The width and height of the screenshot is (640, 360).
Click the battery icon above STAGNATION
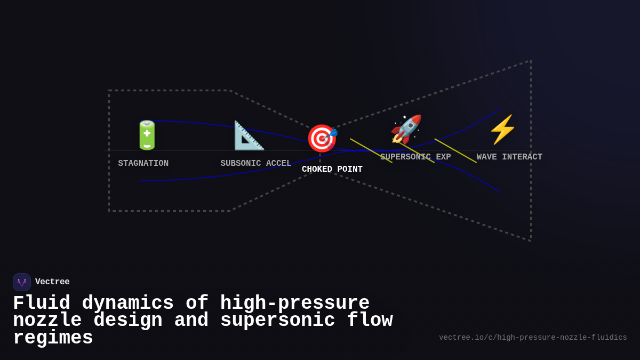click(x=147, y=135)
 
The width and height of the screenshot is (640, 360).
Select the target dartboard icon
click(x=322, y=138)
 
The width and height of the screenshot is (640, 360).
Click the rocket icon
click(x=406, y=129)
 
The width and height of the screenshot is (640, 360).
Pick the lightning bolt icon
click(x=502, y=130)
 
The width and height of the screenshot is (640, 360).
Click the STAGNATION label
click(x=143, y=164)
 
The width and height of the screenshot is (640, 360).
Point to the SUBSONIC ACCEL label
click(x=256, y=164)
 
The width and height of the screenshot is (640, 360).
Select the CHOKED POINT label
click(x=332, y=170)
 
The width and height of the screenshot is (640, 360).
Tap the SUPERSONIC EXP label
click(x=415, y=157)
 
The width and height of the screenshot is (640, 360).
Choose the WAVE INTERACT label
click(x=509, y=157)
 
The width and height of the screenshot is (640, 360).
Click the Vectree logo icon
click(x=22, y=282)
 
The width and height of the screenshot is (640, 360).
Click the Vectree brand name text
click(x=52, y=282)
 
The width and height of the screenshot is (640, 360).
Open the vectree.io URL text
click(x=533, y=338)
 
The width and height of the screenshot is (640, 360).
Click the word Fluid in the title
click(x=41, y=303)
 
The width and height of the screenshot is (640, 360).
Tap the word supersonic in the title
click(x=277, y=321)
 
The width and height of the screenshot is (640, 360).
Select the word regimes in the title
click(x=53, y=338)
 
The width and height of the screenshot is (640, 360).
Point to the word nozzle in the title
click(x=47, y=321)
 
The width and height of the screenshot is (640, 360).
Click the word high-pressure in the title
click(x=294, y=303)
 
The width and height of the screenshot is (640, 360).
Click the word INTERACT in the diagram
click(x=522, y=157)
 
